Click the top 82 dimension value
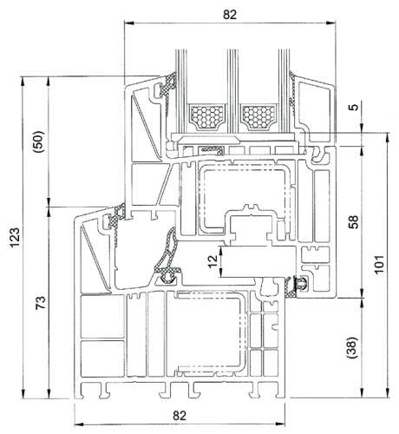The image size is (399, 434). click(230, 14)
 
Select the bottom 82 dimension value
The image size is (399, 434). click(180, 416)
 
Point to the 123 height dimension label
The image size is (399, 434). click(15, 238)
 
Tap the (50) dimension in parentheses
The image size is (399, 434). click(40, 141)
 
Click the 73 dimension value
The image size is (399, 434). click(41, 303)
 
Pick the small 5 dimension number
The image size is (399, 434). click(355, 107)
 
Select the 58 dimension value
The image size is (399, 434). click(355, 221)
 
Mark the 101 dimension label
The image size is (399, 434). click(379, 264)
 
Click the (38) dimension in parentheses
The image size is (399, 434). click(353, 347)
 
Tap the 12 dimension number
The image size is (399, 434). click(213, 261)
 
